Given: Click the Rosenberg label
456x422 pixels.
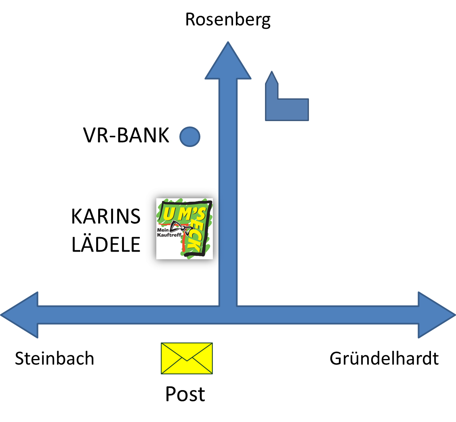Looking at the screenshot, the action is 228,20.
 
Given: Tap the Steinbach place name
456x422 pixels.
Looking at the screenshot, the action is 55,358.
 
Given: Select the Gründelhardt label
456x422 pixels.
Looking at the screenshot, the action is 384,358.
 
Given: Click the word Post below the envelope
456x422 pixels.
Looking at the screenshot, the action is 185,394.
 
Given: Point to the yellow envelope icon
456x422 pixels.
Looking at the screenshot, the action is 187,358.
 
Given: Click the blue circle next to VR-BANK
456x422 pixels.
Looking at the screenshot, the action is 190,136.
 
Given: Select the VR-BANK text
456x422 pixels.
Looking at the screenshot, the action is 126,135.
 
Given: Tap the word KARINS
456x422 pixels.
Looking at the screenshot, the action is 106,216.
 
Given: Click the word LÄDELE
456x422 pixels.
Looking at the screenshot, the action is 106,244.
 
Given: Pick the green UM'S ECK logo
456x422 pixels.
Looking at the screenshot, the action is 184,229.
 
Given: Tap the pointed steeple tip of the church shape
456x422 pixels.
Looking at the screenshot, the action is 272,71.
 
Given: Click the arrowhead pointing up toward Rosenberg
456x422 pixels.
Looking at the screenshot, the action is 228,61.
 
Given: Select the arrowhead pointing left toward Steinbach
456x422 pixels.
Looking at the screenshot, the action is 19,315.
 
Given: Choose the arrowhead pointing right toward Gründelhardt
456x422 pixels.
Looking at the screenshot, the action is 437,315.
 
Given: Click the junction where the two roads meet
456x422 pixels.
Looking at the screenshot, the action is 228,315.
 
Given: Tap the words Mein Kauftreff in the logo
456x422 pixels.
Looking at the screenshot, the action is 169,232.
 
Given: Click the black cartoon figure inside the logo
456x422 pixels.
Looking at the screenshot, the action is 180,228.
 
